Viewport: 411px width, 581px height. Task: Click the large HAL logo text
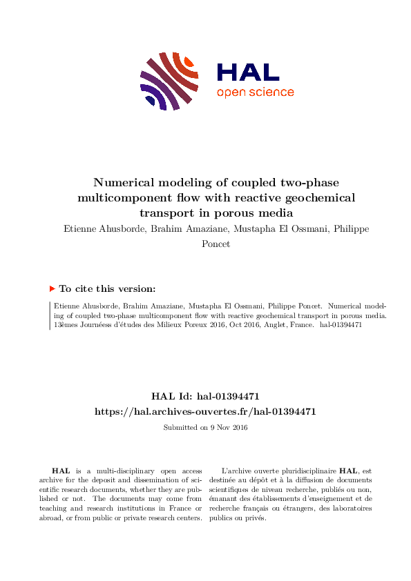pyautogui.click(x=248, y=72)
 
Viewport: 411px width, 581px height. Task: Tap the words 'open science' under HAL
pyautogui.click(x=255, y=92)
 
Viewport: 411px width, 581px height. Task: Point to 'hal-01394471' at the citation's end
pyautogui.click(x=341, y=324)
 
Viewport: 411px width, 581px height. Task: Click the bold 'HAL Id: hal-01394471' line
pyautogui.click(x=205, y=396)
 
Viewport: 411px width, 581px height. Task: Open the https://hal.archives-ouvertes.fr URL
pyautogui.click(x=205, y=411)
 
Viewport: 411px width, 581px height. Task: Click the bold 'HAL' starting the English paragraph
pyautogui.click(x=61, y=471)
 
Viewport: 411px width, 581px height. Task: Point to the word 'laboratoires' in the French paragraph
pyautogui.click(x=349, y=508)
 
